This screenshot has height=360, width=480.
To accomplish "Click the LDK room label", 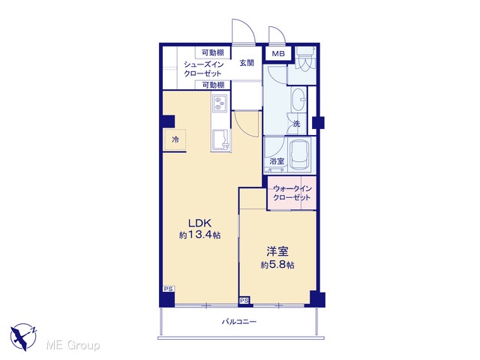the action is coord(199,223).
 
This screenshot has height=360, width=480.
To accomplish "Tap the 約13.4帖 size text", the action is coord(199,235).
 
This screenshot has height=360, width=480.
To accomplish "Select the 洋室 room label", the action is coord(277,252).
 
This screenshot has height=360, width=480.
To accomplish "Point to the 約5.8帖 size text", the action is coord(277,265).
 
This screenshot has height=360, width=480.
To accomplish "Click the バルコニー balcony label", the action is coord(238,322).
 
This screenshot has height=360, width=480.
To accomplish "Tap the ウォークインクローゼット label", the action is coord(292,193).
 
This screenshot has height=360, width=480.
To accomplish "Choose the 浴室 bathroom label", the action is coord(277,161).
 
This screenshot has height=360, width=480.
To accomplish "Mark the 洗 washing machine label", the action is coord(297,124).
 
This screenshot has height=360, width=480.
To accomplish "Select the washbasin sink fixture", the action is coord(298,100).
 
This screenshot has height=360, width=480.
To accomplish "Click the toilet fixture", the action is coord(305,59).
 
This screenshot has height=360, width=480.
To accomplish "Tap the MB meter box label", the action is coord(278,54).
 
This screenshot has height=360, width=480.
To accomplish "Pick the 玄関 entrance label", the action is coord(247,63).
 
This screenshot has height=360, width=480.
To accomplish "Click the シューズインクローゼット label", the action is coord(203,69).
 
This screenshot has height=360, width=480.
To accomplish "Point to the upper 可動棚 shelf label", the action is coord(213,52).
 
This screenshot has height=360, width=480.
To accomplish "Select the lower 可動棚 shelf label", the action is coord(213,85).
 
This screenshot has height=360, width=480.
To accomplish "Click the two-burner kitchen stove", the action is coord(219,103).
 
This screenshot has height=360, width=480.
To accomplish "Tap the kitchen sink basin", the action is coord(220,140).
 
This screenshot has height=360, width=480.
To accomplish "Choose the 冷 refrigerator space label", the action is coord(175,140).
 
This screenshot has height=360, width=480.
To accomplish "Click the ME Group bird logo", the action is coord(23,337).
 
